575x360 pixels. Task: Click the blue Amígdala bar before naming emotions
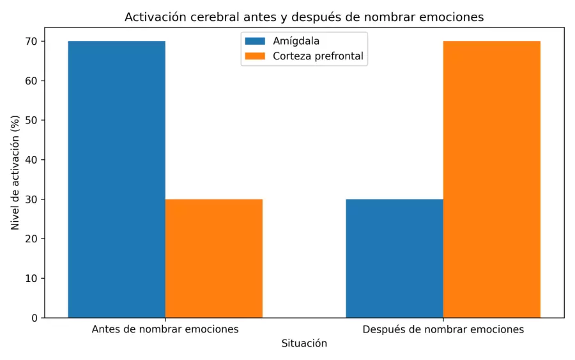tap(116, 179)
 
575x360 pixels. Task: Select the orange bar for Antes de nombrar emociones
tap(213, 258)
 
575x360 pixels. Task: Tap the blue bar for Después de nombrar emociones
tap(394, 258)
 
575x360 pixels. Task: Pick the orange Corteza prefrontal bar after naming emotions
tap(491, 179)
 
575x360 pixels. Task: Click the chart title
tap(304, 17)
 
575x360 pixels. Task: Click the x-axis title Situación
tap(304, 343)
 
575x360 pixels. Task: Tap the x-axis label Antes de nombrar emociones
tap(165, 329)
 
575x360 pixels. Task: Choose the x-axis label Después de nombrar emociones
tap(443, 329)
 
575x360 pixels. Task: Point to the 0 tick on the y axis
tap(34, 318)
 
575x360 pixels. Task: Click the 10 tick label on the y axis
tap(32, 278)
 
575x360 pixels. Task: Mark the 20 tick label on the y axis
tap(32, 239)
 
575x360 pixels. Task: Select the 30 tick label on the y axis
tap(32, 200)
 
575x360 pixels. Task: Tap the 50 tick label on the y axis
tap(32, 120)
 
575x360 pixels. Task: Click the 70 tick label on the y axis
tap(32, 42)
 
